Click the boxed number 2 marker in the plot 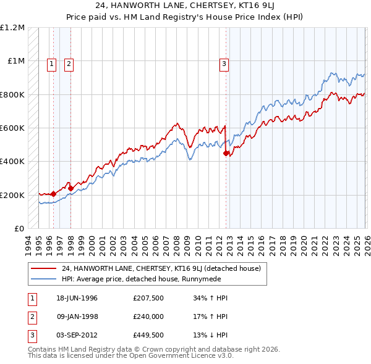click(x=69, y=62)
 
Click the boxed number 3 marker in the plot click(x=224, y=62)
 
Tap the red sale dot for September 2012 click(x=226, y=153)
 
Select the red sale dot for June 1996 click(x=54, y=194)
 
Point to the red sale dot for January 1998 click(x=70, y=188)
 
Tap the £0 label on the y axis click(x=19, y=228)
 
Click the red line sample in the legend click(x=44, y=268)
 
